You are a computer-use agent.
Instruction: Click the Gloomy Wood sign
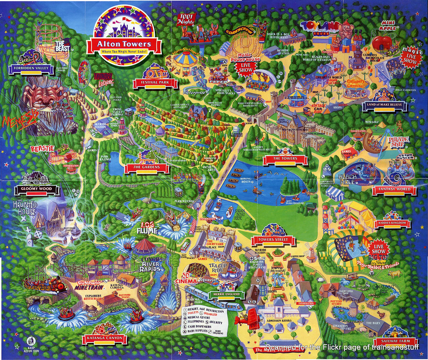(33, 189)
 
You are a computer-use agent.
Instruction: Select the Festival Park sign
(156, 82)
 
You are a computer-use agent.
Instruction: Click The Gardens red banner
(147, 167)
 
